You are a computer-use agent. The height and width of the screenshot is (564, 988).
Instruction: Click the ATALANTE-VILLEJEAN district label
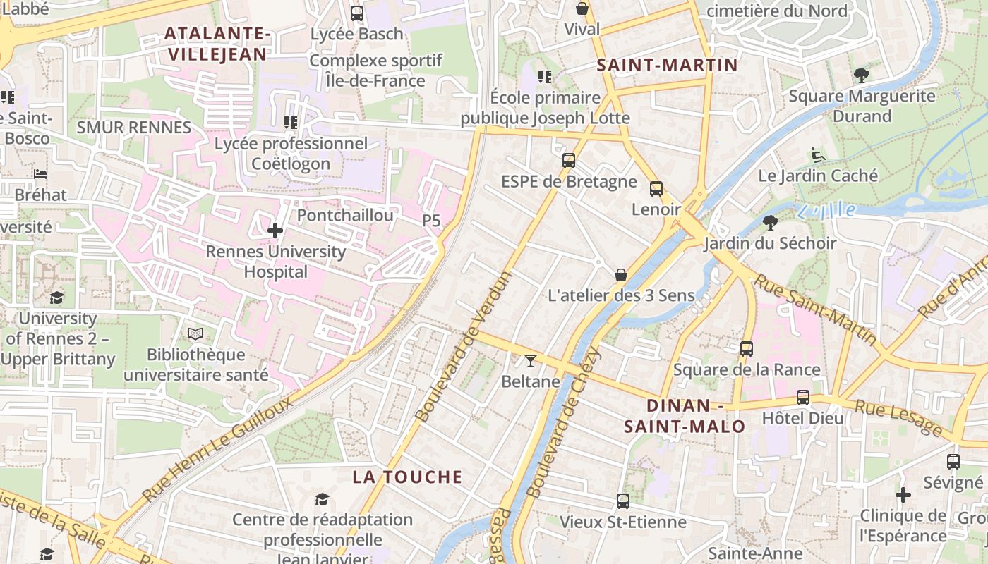[x=217, y=44]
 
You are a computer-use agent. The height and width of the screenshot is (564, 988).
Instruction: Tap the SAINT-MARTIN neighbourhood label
[x=667, y=66]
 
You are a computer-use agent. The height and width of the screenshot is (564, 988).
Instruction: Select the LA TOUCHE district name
[x=407, y=477]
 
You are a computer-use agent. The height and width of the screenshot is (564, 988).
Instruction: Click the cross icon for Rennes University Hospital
[x=275, y=230]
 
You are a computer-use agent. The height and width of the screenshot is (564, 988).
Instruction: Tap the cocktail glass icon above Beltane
[x=531, y=361]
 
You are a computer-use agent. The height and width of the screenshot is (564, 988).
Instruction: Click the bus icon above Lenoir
[x=656, y=188]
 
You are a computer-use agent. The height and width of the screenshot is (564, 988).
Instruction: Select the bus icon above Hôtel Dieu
[x=803, y=397]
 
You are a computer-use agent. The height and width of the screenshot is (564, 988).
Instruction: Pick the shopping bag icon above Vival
[x=582, y=8]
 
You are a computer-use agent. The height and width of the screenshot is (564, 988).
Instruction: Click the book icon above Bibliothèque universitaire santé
[x=195, y=333]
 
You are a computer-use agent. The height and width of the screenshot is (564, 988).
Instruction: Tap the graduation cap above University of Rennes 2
[x=56, y=298]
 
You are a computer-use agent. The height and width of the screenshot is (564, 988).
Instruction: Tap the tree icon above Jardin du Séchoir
[x=770, y=223]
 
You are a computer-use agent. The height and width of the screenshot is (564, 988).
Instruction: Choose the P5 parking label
[x=431, y=221]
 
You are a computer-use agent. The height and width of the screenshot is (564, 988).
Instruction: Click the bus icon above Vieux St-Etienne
[x=622, y=501]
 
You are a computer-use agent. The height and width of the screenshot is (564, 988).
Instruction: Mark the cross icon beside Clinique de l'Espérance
[x=903, y=495]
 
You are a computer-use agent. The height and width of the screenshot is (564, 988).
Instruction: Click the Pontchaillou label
[x=345, y=215]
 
